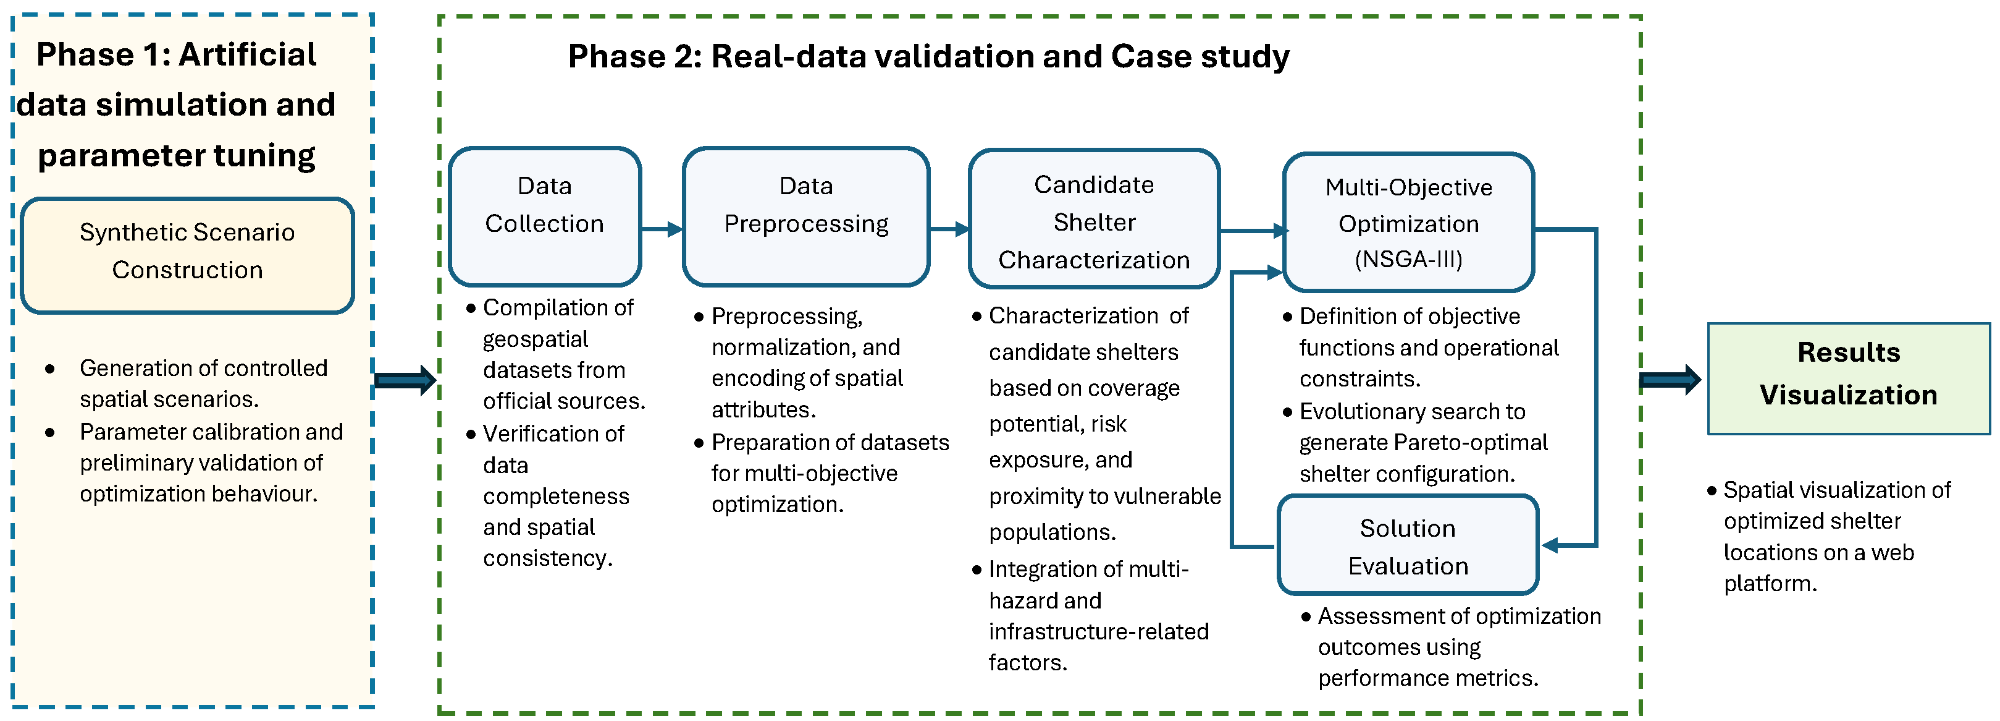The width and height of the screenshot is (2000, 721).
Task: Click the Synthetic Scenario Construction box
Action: pos(187,255)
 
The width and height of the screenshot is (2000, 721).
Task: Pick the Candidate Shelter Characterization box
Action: pos(1094,218)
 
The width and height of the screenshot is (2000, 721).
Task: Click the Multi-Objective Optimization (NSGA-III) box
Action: pos(1408,222)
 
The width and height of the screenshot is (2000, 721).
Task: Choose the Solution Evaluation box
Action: pos(1408,545)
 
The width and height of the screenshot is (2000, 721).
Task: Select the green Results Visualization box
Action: pos(1849,378)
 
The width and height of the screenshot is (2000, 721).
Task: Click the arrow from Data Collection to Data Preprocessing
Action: pos(662,229)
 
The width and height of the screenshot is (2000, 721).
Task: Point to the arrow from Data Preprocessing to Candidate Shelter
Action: pos(949,229)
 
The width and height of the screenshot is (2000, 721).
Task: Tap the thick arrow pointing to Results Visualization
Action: pos(1670,380)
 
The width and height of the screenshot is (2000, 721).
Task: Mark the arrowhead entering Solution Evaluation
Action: pos(1550,545)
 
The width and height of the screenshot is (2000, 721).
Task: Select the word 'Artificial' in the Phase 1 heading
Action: pos(248,54)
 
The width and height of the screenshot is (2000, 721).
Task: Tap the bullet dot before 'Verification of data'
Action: pos(471,434)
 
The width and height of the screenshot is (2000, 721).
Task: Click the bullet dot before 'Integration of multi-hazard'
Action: pos(977,570)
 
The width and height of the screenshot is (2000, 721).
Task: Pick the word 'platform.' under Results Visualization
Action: pos(1770,584)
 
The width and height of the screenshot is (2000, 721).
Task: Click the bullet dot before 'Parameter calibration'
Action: pos(49,433)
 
